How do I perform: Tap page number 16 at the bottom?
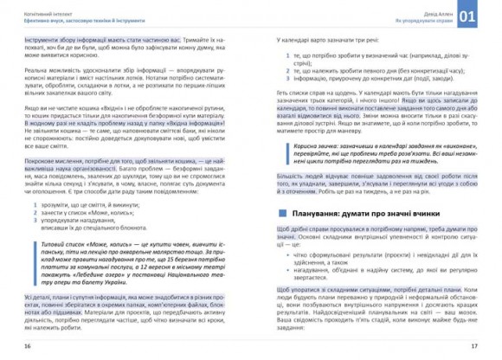point(28,346)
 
